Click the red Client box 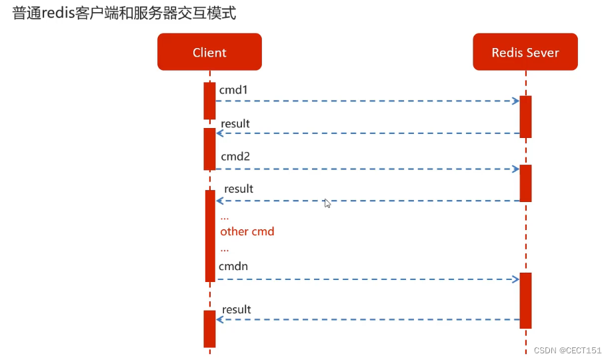(x=209, y=52)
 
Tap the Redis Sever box (x=525, y=52)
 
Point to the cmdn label (x=233, y=266)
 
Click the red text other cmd (x=247, y=231)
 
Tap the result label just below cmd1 (x=235, y=123)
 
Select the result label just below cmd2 (x=239, y=189)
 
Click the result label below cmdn (x=237, y=309)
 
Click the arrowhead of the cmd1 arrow (x=516, y=101)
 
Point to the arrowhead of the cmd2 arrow (x=516, y=169)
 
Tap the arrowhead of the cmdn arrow (x=516, y=279)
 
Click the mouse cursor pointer (x=327, y=203)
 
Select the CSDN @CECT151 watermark (x=567, y=351)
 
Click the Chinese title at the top (x=124, y=13)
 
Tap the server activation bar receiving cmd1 (x=525, y=117)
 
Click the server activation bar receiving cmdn (x=525, y=300)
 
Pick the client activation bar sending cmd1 (x=209, y=101)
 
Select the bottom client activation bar (x=209, y=329)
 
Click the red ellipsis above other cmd (x=225, y=217)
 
